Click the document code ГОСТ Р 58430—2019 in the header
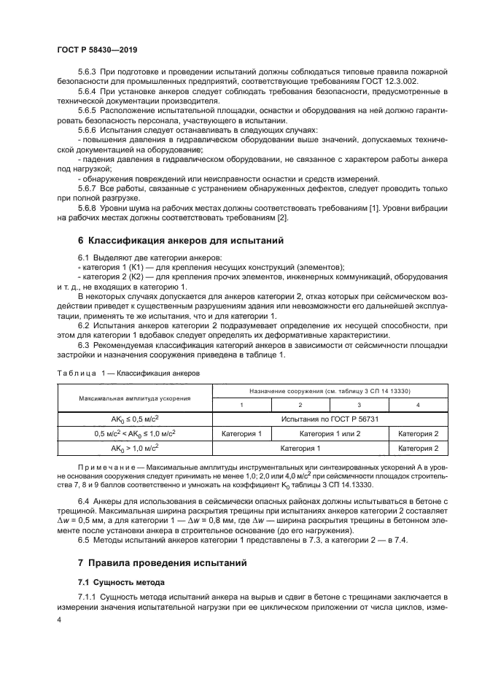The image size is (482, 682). coord(97,50)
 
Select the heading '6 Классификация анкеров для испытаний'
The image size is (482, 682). coord(176,240)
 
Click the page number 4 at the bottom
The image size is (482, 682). coord(59,619)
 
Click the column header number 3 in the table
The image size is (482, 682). coord(358,405)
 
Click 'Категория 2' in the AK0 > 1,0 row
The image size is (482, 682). coord(417,449)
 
